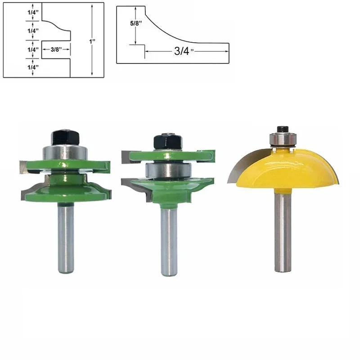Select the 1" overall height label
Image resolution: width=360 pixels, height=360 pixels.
tap(93, 41)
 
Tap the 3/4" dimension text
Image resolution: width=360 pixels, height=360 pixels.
tap(182, 51)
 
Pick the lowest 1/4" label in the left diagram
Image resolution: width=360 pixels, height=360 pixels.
tap(32, 67)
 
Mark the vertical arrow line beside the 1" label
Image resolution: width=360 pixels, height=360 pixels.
tap(92, 58)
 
